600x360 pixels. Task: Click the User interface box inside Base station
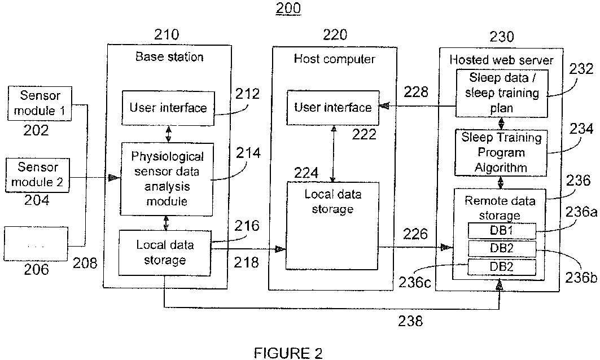tap(168, 108)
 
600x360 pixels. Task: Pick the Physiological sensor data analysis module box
tap(168, 178)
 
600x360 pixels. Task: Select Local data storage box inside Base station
tap(164, 252)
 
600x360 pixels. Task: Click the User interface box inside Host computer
tap(333, 107)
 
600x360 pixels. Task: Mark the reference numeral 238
tap(410, 321)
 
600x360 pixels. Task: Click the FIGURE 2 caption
tap(288, 354)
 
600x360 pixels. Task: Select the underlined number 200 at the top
tap(288, 8)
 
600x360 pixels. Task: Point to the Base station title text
tap(169, 56)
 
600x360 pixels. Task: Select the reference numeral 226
tap(415, 233)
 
